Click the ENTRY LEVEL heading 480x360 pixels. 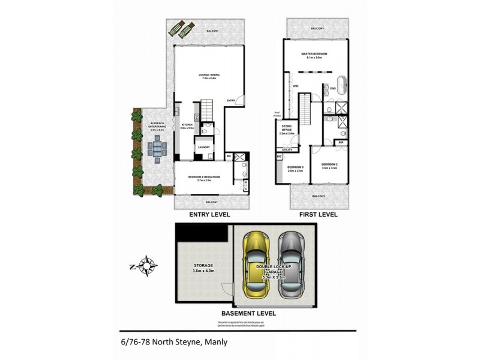[209, 214]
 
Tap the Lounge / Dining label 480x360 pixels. [209, 76]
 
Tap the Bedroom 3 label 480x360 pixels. [295, 168]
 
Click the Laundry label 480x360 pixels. [203, 146]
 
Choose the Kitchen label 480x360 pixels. [185, 126]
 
